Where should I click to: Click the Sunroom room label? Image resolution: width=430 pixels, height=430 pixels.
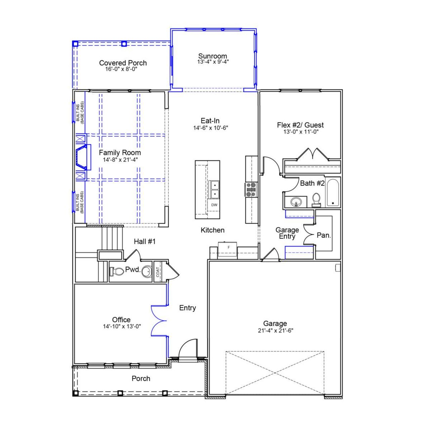[x=212, y=56]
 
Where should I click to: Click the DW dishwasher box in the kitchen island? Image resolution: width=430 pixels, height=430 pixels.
[x=214, y=205]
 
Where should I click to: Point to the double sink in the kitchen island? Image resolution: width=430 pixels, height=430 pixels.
[x=214, y=189]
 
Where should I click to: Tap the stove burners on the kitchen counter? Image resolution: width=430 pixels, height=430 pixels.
[x=251, y=189]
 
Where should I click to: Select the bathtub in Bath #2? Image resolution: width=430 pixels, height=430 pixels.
[x=333, y=192]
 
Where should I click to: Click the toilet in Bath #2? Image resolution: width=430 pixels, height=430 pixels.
[x=316, y=200]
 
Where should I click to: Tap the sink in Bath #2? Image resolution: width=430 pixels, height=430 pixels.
[x=296, y=202]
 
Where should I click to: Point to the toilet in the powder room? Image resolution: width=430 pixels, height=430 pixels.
[x=116, y=271]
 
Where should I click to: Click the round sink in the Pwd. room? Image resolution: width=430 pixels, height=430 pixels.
[x=146, y=271]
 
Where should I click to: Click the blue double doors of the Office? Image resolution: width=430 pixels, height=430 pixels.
[x=159, y=321]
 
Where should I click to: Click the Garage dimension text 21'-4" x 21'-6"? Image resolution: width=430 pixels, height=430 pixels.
[x=275, y=331]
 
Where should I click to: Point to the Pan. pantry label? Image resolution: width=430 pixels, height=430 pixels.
[x=324, y=235]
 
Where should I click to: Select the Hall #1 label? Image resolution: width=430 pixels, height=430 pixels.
[x=144, y=241]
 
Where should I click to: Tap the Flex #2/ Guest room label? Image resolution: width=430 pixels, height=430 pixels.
[x=300, y=125]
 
